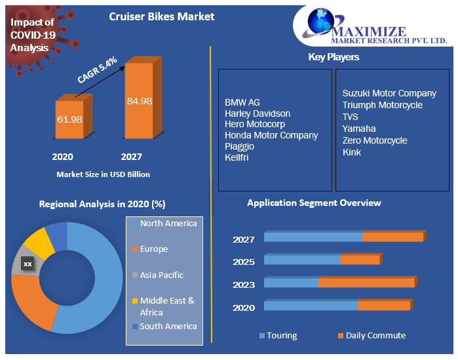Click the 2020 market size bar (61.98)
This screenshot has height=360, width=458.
pyautogui.click(x=69, y=119)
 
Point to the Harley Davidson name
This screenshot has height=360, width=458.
pyautogui.click(x=257, y=113)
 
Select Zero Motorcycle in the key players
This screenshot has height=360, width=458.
pyautogui.click(x=375, y=140)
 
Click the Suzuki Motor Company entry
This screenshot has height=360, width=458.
pyautogui.click(x=389, y=93)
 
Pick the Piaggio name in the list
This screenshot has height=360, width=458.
pyautogui.click(x=239, y=146)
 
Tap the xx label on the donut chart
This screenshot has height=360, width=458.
pyautogui.click(x=28, y=264)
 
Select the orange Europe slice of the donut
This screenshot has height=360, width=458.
pyautogui.click(x=33, y=302)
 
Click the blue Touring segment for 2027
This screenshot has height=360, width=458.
pyautogui.click(x=313, y=237)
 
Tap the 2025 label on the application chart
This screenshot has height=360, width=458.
pyautogui.click(x=244, y=262)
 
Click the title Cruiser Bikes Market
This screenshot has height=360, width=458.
pyautogui.click(x=161, y=16)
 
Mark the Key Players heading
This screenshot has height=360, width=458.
pyautogui.click(x=334, y=57)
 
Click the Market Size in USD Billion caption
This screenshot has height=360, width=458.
pyautogui.click(x=103, y=174)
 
